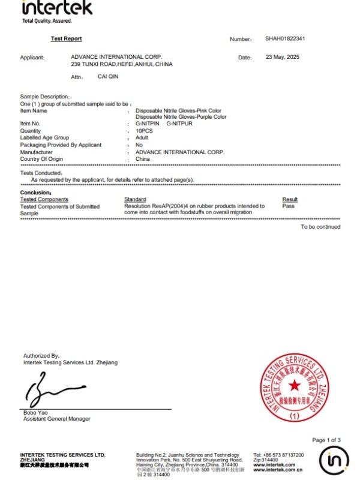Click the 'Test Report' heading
(66, 38)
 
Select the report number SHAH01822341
(285, 38)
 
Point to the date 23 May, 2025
(282, 57)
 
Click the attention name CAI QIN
(108, 77)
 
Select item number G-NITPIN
(148, 124)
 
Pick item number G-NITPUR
(178, 124)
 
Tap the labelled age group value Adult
(142, 137)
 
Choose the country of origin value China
(142, 159)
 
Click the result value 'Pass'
(288, 206)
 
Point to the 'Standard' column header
(135, 199)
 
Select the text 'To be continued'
(320, 227)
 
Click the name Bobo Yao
(35, 413)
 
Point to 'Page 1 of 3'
(326, 440)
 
